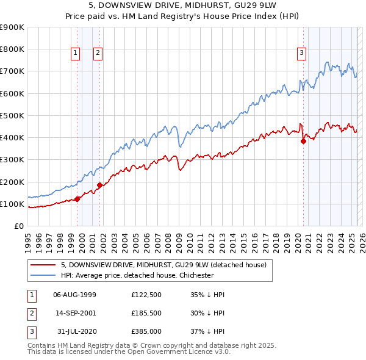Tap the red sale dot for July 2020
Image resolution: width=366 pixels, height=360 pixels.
point(303,141)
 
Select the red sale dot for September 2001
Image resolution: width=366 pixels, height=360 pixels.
point(100,185)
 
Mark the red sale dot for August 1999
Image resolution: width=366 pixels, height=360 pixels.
point(77,199)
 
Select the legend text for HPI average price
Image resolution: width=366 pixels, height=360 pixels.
point(137,275)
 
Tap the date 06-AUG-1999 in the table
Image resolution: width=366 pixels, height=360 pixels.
point(74,295)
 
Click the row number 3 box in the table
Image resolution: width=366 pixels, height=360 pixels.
point(31,331)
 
